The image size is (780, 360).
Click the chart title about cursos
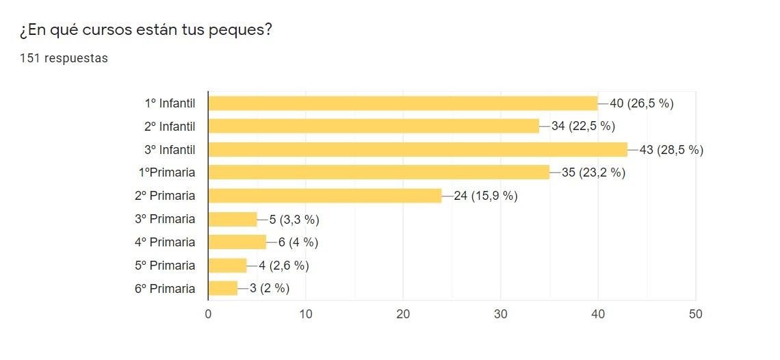pos(146,30)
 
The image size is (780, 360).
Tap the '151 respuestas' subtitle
pos(64,58)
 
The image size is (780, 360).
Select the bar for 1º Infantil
pos(402,103)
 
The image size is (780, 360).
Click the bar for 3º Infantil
pos(417,149)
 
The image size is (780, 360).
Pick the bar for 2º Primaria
pos(324,196)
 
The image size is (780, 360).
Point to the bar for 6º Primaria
pos(222,288)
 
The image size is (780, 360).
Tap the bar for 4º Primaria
pos(237,242)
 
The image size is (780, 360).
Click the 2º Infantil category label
pos(170,127)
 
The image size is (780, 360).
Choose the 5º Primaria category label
pos(165,265)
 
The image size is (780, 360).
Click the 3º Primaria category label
pos(165,219)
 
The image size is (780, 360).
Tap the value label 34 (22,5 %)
pos(583,127)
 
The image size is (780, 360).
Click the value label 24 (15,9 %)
pos(485,196)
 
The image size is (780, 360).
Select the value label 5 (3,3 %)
pos(294,219)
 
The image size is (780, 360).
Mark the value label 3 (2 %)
pos(269,288)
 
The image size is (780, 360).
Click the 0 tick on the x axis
pos(208,314)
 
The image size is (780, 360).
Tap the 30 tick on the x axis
pos(500,314)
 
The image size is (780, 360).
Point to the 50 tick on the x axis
pos(695,314)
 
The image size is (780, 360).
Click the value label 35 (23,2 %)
pos(593,172)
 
